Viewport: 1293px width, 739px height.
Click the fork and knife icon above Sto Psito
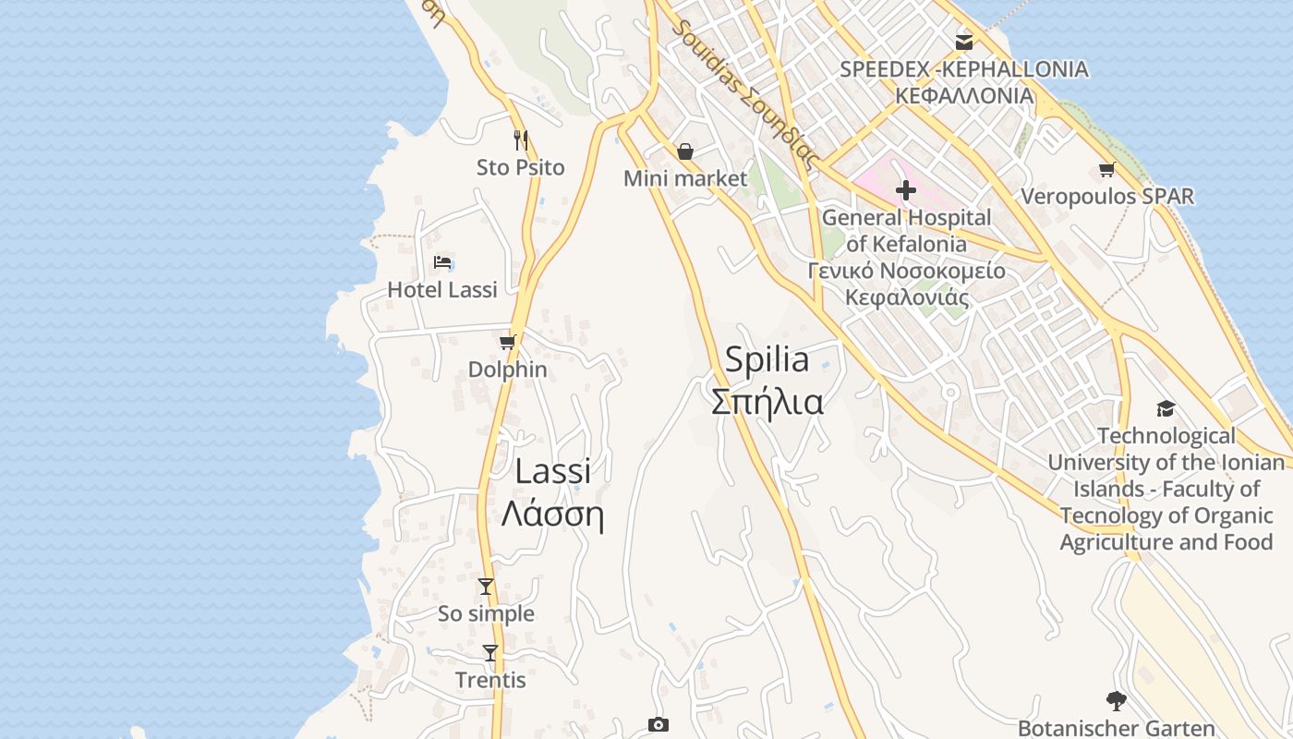[521, 139]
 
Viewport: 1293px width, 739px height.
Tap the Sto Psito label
[520, 167]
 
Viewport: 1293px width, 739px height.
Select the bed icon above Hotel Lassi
[442, 262]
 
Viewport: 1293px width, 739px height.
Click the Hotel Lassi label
[442, 289]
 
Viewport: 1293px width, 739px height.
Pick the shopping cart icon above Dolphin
[507, 343]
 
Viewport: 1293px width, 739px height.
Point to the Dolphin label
[507, 369]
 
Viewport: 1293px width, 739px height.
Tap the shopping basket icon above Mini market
[685, 151]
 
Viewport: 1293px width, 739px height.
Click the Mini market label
[685, 178]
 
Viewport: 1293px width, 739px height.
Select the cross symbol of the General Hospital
[905, 190]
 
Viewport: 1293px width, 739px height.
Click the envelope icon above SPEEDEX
[964, 42]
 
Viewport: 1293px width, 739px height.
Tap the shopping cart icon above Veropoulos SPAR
[1106, 169]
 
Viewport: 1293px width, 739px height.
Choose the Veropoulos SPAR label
[1106, 196]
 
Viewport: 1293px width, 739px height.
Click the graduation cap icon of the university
[1166, 408]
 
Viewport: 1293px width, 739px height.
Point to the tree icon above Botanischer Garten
[1116, 701]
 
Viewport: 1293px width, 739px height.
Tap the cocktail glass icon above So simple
[486, 587]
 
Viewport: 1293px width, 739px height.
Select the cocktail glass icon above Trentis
[490, 653]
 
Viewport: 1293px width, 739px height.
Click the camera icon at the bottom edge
[658, 724]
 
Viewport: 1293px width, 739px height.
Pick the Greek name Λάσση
[552, 515]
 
